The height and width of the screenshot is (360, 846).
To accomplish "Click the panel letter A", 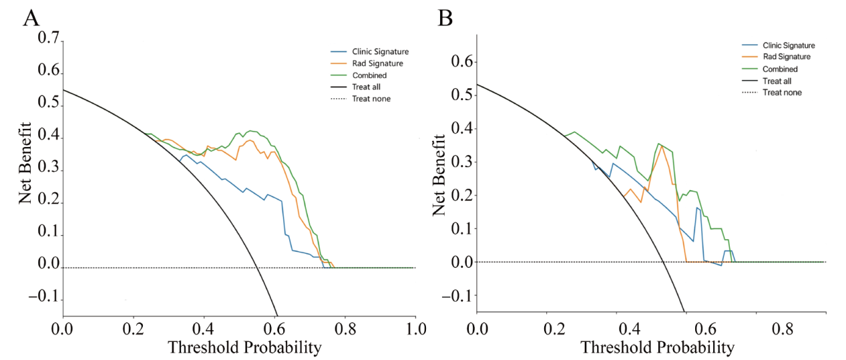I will click(x=31, y=17).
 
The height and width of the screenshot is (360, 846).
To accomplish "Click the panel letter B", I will click(x=445, y=18).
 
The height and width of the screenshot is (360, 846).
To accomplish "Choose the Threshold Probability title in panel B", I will click(x=657, y=347).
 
